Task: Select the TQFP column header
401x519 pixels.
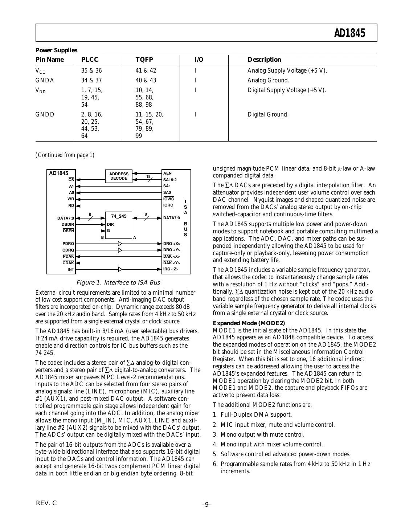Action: tap(144, 60)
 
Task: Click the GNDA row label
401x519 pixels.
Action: tap(44, 81)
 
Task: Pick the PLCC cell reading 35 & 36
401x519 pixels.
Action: tap(91, 71)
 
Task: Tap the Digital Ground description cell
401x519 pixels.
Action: tap(268, 115)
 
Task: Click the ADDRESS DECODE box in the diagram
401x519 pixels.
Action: tap(119, 176)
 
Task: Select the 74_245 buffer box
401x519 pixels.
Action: tap(119, 216)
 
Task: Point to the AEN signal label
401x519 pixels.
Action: tap(167, 173)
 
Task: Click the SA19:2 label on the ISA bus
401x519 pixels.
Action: tap(170, 180)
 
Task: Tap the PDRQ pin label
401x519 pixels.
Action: tap(68, 244)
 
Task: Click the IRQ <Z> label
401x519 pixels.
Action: tap(171, 269)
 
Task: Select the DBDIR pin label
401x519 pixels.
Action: tap(68, 224)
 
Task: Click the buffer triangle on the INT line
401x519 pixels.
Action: tap(120, 269)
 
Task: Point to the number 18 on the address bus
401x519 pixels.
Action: tap(148, 177)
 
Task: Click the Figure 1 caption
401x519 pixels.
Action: tap(118, 283)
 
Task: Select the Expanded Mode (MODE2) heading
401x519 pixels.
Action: tap(249, 323)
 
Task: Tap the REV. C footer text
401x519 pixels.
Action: tap(46, 503)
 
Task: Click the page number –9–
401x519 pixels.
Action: tap(206, 504)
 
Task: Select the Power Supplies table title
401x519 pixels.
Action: tap(56, 50)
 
